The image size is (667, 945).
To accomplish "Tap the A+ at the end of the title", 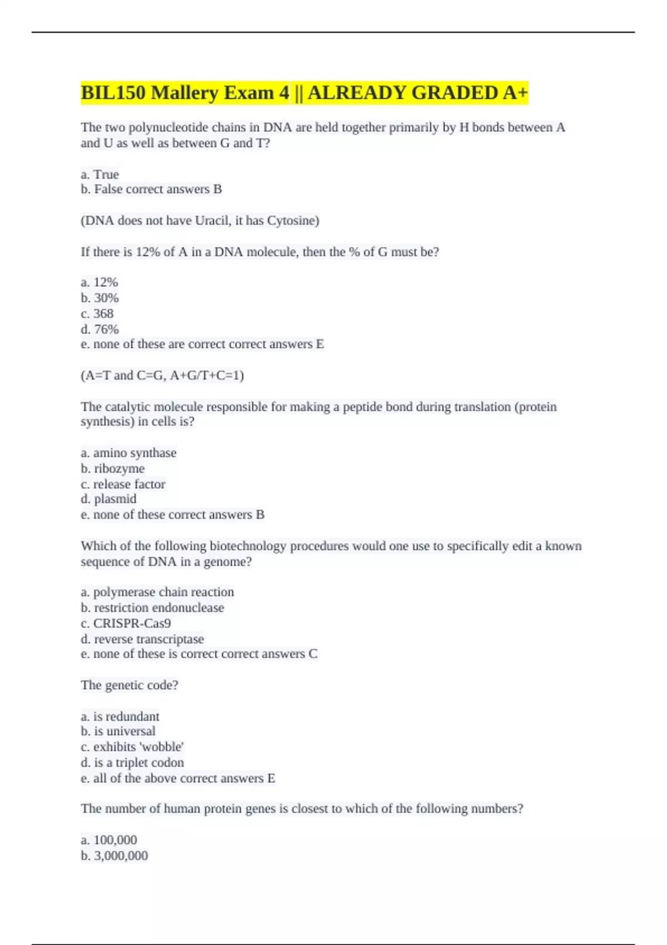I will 515,93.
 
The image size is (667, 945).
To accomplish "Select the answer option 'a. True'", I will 100,175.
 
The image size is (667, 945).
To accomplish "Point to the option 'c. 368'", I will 97,314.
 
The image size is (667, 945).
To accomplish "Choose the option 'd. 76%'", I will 100,329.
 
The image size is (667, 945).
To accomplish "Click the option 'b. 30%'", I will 100,298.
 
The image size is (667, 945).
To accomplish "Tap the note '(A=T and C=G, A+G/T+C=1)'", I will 162,376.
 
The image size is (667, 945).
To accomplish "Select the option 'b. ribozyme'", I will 113,469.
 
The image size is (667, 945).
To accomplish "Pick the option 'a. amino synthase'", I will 128,453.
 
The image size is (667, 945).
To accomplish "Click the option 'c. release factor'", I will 123,484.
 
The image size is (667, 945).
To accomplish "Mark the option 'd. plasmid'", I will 108,499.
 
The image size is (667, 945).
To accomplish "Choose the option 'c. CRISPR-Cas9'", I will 126,624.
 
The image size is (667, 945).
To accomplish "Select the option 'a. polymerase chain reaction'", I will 157,592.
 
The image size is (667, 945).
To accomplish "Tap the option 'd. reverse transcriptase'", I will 142,639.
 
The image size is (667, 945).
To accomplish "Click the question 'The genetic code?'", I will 130,685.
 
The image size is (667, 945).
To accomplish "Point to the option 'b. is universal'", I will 118,732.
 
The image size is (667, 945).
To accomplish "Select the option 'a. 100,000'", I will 109,840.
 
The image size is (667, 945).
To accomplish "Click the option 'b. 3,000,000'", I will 115,856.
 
